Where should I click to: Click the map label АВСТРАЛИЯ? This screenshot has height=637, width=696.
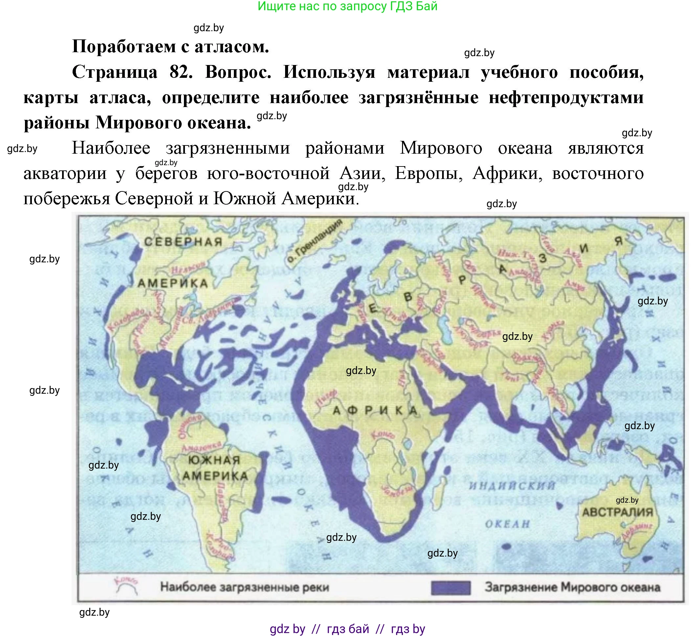(617, 512)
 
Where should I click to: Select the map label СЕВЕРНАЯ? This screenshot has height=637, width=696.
(183, 242)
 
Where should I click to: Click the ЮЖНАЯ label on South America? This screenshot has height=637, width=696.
(214, 460)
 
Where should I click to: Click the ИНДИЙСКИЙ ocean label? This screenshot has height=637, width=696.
(512, 486)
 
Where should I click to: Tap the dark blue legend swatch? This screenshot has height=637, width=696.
(451, 588)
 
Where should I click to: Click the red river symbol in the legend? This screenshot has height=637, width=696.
(126, 586)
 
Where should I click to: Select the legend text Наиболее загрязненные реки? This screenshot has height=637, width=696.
(244, 587)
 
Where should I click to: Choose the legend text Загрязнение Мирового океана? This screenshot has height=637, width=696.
(573, 587)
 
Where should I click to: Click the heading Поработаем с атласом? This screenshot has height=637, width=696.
(170, 47)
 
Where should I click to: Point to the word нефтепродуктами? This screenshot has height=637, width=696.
(566, 98)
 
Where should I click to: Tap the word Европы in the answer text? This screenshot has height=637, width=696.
(428, 173)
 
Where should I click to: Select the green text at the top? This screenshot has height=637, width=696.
(347, 6)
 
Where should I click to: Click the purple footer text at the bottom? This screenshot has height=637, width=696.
(347, 629)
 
